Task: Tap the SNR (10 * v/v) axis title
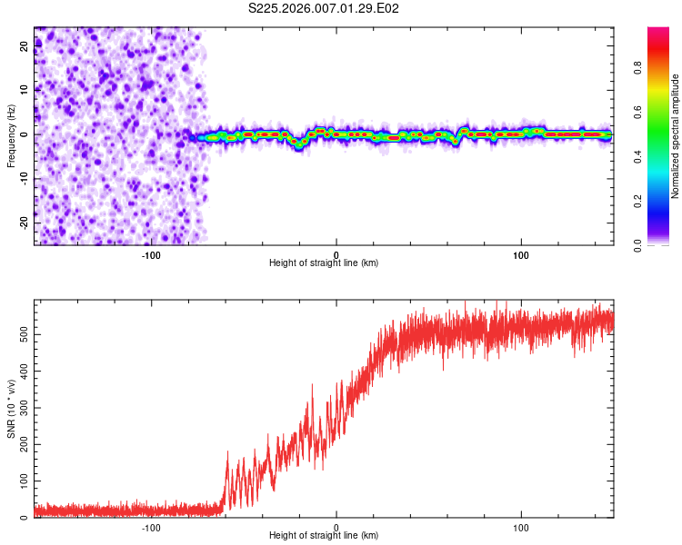click(11, 410)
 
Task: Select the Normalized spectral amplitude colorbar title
click(676, 136)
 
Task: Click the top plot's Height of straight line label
click(324, 263)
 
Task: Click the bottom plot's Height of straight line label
click(324, 535)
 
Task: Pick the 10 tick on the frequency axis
click(25, 90)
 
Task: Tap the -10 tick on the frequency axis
click(25, 179)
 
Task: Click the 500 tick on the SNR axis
click(25, 335)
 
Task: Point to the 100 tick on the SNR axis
click(25, 481)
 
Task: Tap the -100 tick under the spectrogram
click(151, 253)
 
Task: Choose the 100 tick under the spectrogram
click(521, 253)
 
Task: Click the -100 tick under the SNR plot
click(151, 527)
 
